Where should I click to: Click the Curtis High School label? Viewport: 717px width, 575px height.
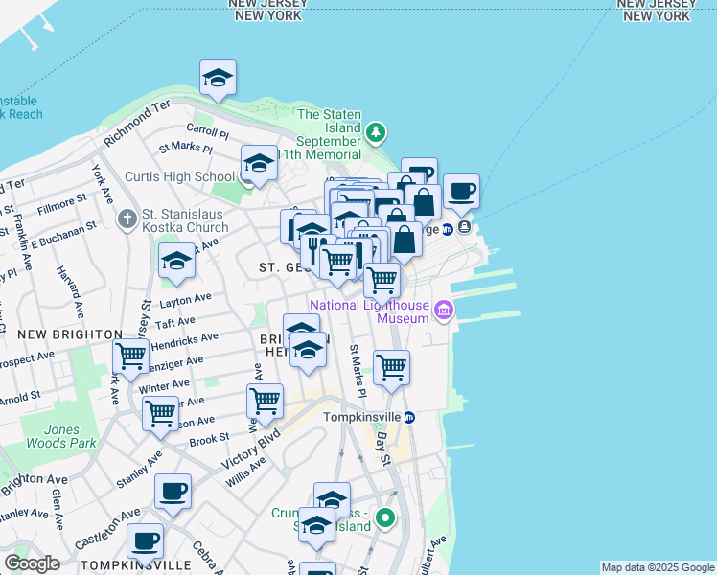point(179,176)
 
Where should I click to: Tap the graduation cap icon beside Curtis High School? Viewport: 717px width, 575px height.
point(259,164)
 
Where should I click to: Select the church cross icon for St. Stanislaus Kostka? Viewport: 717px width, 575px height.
point(127,220)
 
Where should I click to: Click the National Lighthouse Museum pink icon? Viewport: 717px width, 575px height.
point(443,310)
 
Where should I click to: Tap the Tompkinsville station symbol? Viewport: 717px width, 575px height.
point(408,417)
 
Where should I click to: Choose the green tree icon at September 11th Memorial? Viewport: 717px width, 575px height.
point(378,131)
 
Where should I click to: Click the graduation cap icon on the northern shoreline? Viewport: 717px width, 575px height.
point(218,79)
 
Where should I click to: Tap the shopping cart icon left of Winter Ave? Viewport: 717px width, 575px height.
point(130,356)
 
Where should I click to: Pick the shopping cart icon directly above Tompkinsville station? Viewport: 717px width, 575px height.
point(391,367)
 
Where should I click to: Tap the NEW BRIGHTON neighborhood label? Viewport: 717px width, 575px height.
point(70,333)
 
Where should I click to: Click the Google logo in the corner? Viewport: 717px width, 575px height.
point(32,563)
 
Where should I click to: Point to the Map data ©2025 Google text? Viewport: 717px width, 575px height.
point(658,567)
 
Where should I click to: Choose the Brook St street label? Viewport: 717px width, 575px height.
point(208,439)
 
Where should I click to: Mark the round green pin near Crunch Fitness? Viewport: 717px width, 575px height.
point(384,519)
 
